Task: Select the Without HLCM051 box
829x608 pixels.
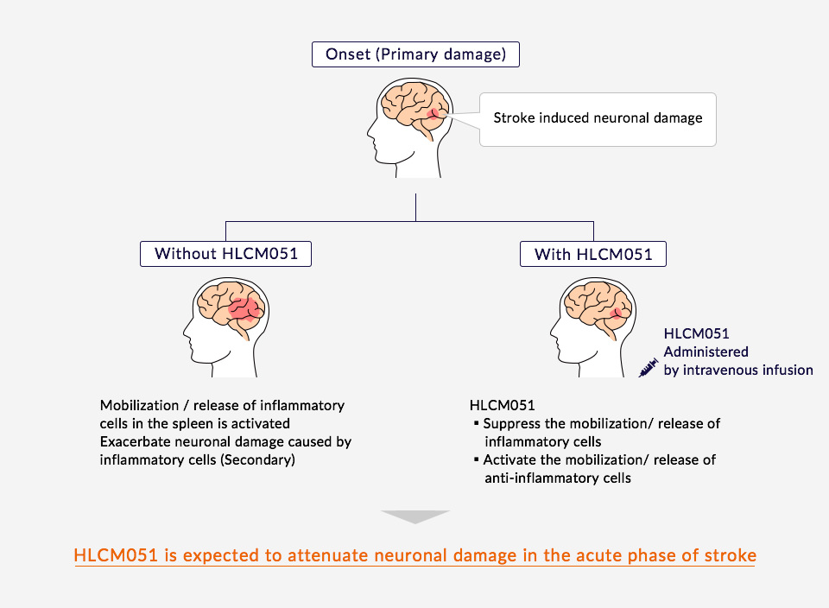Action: pyautogui.click(x=225, y=253)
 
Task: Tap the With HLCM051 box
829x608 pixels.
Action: pyautogui.click(x=593, y=254)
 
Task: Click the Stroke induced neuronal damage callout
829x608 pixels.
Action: pyautogui.click(x=598, y=117)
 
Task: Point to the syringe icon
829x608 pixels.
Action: pyautogui.click(x=648, y=369)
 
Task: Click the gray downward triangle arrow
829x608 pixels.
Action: pyautogui.click(x=415, y=517)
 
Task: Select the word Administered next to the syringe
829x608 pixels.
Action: pyautogui.click(x=706, y=351)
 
